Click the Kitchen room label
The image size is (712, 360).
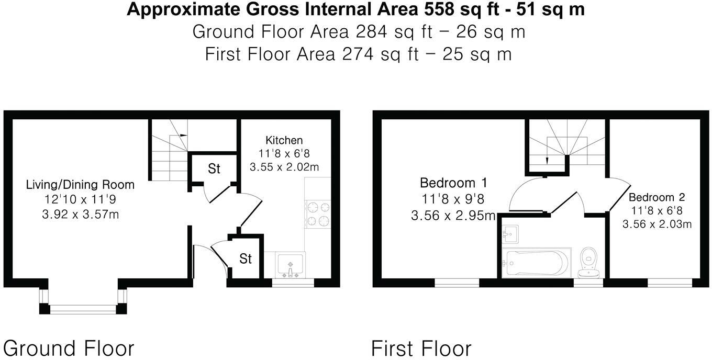[x=284, y=140]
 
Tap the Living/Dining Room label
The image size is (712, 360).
[x=80, y=185]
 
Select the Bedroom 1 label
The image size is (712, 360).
[x=453, y=183]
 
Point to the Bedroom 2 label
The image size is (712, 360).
[x=657, y=198]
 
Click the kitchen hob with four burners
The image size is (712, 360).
[x=317, y=213]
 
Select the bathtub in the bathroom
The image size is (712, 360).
[x=533, y=263]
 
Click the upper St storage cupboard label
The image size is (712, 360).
[x=214, y=169]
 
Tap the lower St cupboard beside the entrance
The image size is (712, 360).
[x=246, y=258]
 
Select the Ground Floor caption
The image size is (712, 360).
[x=69, y=348]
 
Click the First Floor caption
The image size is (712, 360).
[x=421, y=348]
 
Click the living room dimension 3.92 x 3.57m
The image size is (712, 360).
[x=80, y=213]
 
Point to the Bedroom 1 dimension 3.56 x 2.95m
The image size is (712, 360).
[x=453, y=216]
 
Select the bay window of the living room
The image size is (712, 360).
[x=83, y=309]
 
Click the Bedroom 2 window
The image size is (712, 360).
[x=671, y=283]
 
